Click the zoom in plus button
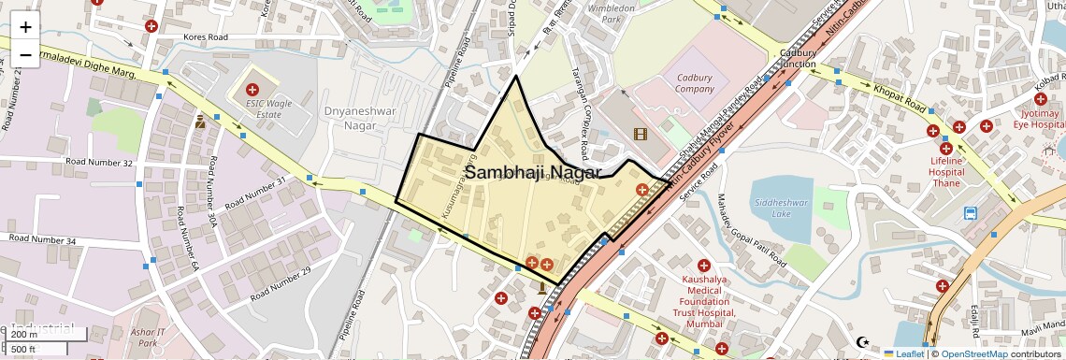click(25, 26)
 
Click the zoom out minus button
click(25, 54)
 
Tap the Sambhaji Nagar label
click(533, 173)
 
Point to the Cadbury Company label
click(695, 83)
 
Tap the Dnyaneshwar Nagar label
click(361, 118)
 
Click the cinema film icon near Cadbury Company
click(640, 134)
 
